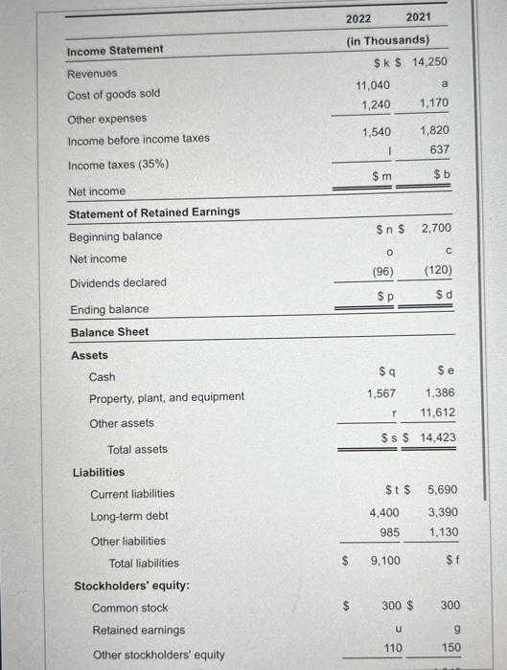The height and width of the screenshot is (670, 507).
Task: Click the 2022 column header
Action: (x=357, y=18)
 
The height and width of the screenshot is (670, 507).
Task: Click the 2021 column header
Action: (x=418, y=18)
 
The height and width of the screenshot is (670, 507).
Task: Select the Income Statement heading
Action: (x=115, y=49)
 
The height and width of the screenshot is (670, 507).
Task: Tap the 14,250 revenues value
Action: (x=430, y=62)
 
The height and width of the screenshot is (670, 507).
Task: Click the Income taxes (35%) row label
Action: (x=118, y=165)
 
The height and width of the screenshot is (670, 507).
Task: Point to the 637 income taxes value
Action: (x=439, y=149)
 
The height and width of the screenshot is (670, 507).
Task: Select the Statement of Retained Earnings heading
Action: (x=154, y=212)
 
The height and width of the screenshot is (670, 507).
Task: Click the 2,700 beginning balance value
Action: (x=437, y=229)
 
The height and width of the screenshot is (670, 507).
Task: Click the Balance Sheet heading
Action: (x=109, y=331)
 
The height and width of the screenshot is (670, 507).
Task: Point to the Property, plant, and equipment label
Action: (x=166, y=397)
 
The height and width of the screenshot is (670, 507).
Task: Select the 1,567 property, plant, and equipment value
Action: (x=382, y=393)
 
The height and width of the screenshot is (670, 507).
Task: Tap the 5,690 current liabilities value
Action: (x=440, y=489)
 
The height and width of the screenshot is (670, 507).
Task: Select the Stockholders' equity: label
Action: (x=131, y=585)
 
